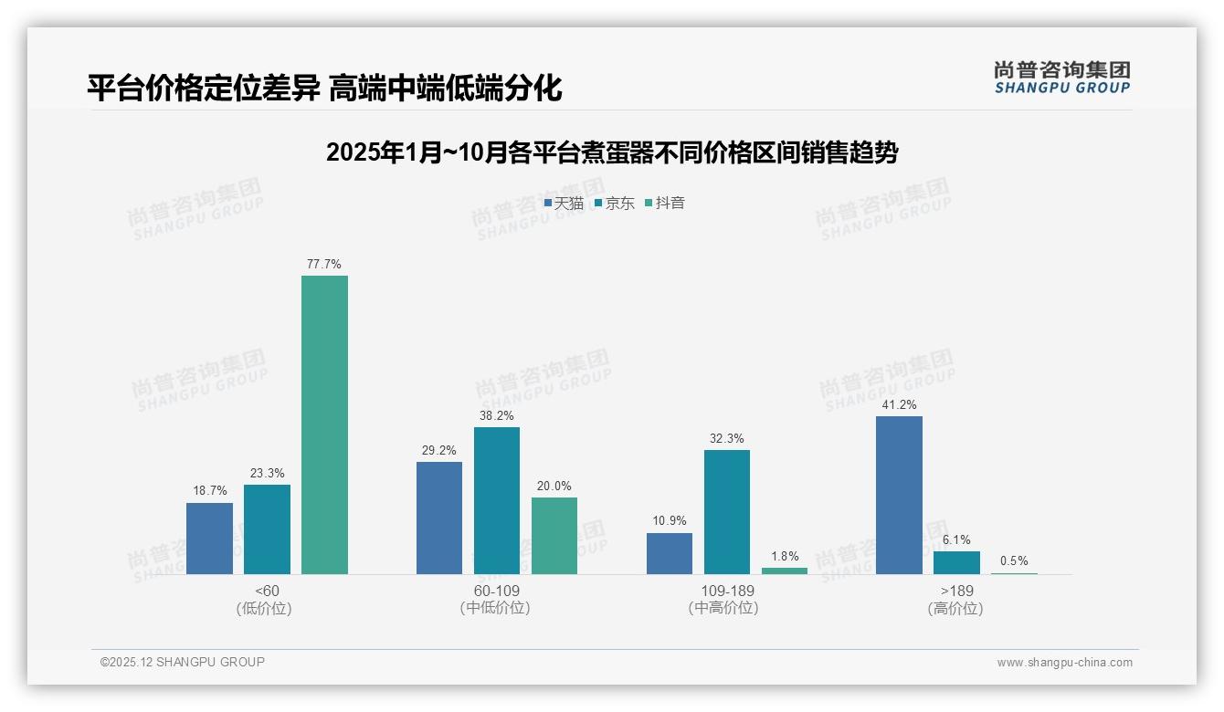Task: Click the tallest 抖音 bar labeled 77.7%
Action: click(x=324, y=424)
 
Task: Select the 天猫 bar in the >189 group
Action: click(x=899, y=495)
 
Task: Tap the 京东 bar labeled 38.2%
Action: click(x=496, y=500)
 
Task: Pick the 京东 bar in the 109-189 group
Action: click(x=726, y=511)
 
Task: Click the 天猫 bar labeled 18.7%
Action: click(x=209, y=539)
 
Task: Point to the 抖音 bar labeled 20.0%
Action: click(x=554, y=536)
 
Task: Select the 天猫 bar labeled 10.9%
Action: click(x=669, y=553)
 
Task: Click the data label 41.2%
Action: click(x=899, y=404)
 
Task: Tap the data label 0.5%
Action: click(x=1014, y=561)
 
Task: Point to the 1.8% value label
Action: click(x=784, y=556)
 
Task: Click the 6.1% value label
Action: click(x=956, y=539)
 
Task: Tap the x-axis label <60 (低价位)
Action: click(x=265, y=600)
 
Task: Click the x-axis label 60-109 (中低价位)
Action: click(x=495, y=600)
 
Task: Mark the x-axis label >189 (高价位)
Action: click(x=955, y=600)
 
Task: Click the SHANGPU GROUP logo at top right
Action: click(x=1061, y=78)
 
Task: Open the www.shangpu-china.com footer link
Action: click(x=1064, y=663)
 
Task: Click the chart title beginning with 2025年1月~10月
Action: click(x=611, y=152)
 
